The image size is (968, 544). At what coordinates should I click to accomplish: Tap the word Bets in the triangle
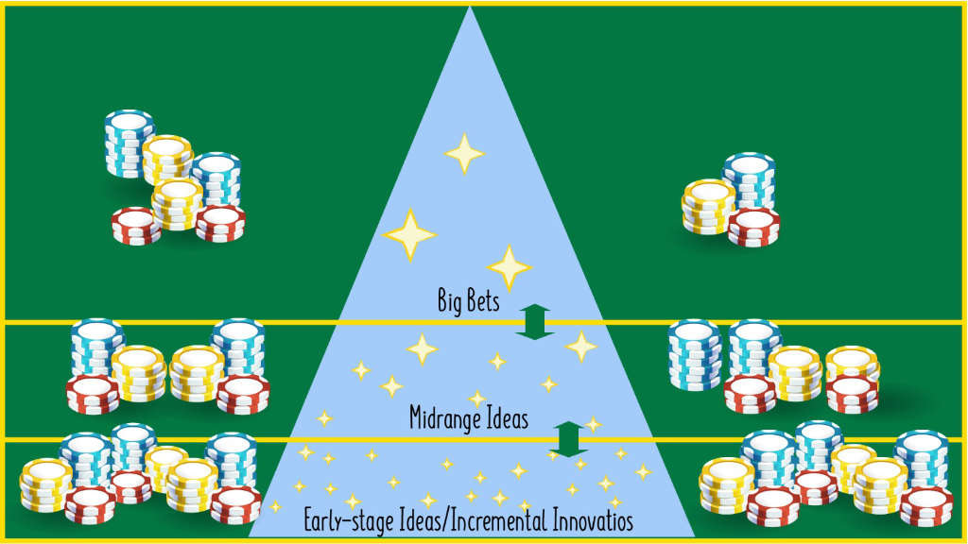tap(482, 301)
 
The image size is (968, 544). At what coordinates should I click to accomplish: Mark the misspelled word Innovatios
tap(591, 520)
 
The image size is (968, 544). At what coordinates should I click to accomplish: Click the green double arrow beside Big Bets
tap(535, 321)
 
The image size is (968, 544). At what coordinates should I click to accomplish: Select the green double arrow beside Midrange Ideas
tap(568, 439)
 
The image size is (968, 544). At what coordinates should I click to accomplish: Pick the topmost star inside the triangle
tap(464, 153)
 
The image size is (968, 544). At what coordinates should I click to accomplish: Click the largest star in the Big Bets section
tap(409, 234)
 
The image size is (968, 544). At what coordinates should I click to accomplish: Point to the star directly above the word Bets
tap(510, 267)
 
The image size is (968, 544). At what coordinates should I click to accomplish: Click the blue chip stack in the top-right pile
tap(750, 179)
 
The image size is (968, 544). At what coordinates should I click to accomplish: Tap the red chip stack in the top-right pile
tap(754, 228)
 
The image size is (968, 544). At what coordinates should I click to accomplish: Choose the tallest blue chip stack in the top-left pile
tap(130, 144)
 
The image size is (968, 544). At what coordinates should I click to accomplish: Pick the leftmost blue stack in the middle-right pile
tap(695, 354)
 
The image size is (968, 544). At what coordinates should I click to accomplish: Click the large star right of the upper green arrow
tap(581, 346)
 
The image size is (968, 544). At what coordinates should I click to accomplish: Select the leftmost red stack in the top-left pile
tap(136, 226)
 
